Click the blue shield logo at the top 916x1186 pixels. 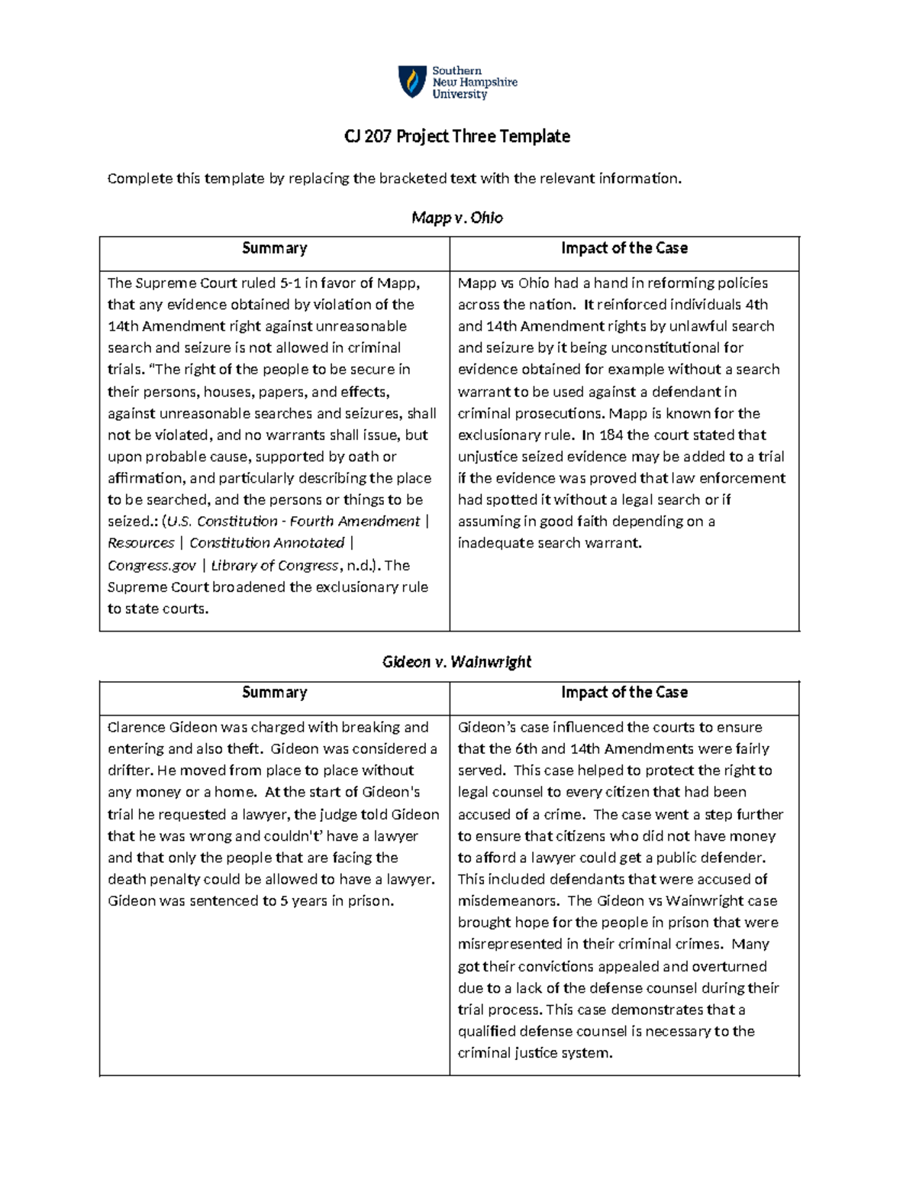point(412,81)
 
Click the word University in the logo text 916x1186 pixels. point(460,95)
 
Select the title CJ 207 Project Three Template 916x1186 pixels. point(457,137)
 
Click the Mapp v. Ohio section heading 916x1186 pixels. point(457,218)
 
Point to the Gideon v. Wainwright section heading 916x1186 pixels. point(456,662)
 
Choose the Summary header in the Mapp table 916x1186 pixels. point(274,248)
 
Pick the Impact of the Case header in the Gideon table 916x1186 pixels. point(624,693)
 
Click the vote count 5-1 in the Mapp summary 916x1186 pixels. point(290,283)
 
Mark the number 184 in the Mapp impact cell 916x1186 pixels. point(611,435)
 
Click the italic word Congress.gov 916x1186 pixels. point(152,566)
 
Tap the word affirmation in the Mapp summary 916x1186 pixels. point(147,479)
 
